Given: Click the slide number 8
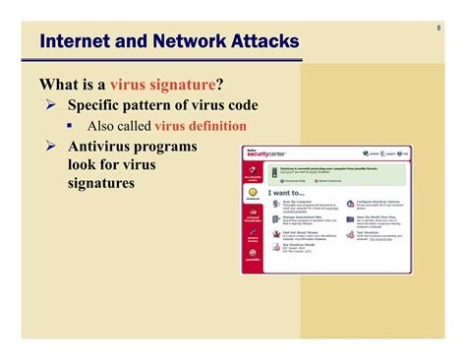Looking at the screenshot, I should coord(437,27).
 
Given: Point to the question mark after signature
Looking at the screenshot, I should coord(219,84).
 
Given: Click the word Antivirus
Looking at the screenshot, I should coord(105,147).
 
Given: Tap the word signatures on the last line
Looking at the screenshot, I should coord(101,183).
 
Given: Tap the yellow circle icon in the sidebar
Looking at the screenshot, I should coord(253,194).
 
